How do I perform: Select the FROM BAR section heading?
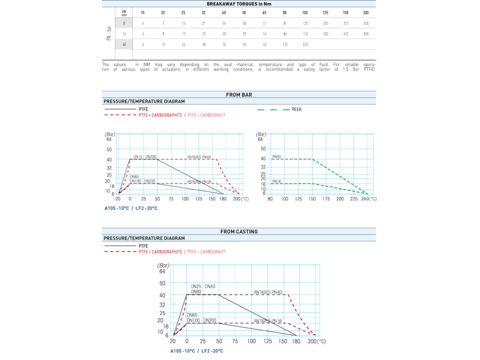239,95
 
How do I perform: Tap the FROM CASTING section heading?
239,231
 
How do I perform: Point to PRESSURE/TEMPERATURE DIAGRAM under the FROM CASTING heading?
143,238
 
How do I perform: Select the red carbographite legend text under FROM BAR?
181,115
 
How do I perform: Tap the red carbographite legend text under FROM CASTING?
181,251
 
